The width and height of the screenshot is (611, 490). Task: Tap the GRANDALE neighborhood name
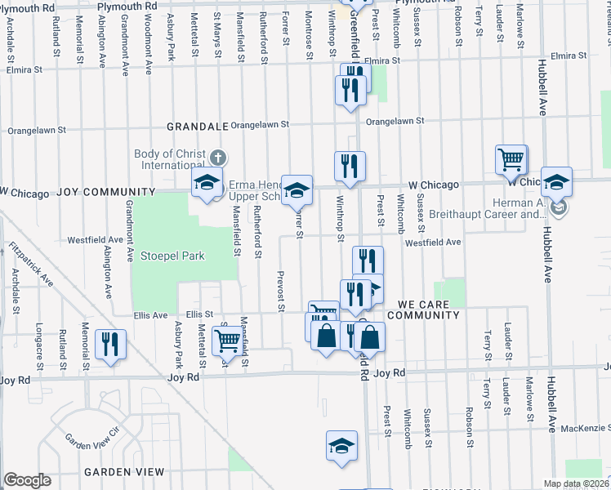[x=197, y=127]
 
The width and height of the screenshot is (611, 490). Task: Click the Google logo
[x=27, y=480]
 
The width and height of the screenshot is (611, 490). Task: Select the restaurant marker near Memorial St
[x=110, y=343]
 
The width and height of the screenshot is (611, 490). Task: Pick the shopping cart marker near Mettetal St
[x=227, y=340]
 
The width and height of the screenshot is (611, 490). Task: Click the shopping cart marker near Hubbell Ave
[x=511, y=159]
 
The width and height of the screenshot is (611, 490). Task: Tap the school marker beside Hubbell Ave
[x=556, y=183]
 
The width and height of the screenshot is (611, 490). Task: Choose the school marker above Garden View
[x=341, y=447]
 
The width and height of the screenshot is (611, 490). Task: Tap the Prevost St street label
[x=280, y=292]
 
